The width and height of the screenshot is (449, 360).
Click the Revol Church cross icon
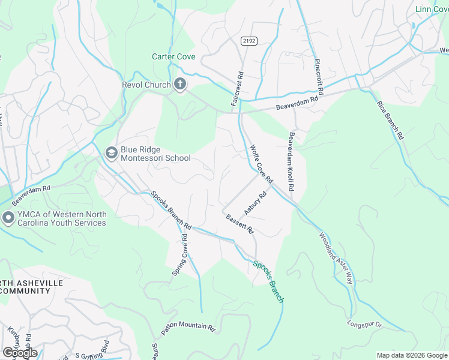point(179,85)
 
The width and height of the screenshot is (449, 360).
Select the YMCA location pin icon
point(8,218)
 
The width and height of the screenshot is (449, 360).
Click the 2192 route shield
point(249,41)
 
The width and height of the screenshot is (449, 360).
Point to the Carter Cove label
point(174,57)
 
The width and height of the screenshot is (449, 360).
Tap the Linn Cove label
point(432,9)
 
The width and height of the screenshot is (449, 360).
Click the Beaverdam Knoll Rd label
point(292,161)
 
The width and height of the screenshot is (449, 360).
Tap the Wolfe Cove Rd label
point(262,163)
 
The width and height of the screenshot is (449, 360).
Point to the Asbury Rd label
point(255,203)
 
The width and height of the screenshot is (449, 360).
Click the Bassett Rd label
point(240,225)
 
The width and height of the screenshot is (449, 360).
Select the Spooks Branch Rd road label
point(170,211)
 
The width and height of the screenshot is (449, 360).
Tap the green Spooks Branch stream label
point(268,281)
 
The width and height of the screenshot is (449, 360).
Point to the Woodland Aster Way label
point(336,258)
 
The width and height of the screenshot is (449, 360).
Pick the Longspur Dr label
point(364,325)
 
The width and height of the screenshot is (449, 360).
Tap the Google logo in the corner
point(20,353)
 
